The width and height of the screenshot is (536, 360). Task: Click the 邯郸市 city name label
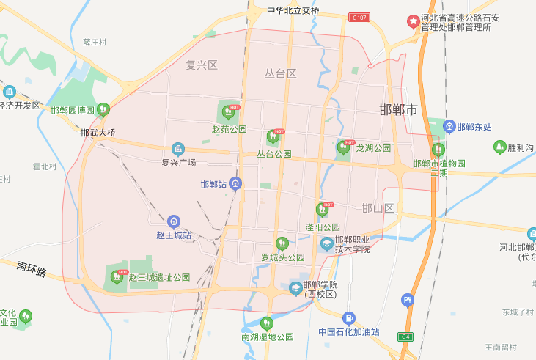tap(398, 110)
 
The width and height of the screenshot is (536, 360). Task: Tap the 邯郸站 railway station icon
tap(235, 183)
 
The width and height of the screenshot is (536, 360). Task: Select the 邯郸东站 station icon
tap(449, 126)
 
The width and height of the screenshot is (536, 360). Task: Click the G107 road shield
tap(359, 17)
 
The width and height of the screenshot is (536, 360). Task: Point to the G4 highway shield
tap(405, 337)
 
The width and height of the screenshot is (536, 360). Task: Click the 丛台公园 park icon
tap(273, 136)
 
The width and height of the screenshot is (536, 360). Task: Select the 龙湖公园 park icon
tap(342, 147)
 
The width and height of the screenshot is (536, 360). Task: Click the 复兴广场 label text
tap(178, 162)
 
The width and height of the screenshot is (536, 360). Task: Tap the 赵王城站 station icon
tap(173, 221)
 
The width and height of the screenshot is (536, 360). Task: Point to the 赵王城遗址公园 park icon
tap(117, 277)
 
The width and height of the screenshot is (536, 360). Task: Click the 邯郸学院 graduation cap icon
tap(295, 288)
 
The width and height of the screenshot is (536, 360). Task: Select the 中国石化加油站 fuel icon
tap(349, 318)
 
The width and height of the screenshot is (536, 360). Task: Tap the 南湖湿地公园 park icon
tap(266, 323)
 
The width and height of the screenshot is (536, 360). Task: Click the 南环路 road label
tap(32, 271)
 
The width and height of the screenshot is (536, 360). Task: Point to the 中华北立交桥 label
tap(293, 10)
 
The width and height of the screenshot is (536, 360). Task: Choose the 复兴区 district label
tap(202, 65)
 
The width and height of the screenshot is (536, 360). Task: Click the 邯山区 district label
tap(378, 208)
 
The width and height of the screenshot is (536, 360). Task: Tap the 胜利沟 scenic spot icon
tap(500, 147)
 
